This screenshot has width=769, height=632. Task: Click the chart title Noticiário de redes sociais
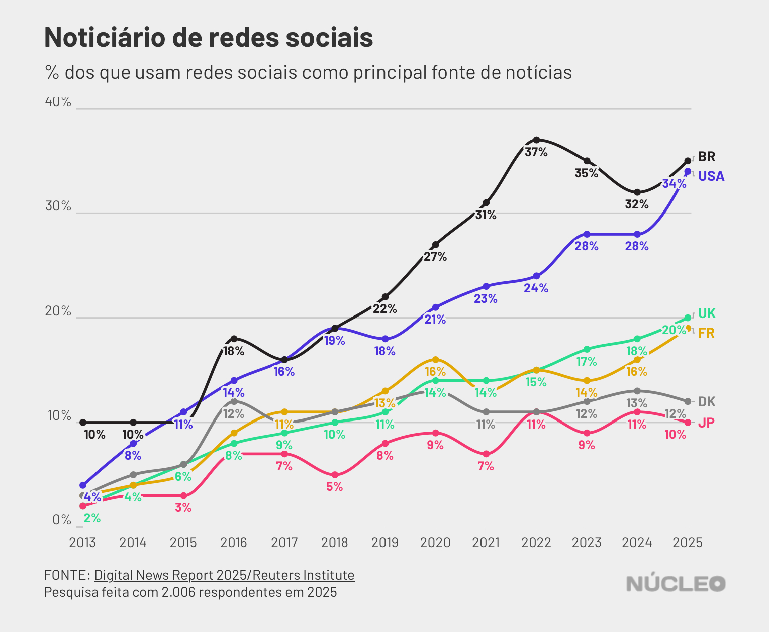point(209,37)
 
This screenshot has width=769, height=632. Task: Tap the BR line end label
point(706,157)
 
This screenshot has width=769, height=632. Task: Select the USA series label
point(711,176)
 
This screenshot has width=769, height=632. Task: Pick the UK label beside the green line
point(707,313)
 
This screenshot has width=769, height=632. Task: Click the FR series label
point(706,333)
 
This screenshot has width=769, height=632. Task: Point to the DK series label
point(707,402)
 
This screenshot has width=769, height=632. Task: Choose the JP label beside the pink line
point(706,423)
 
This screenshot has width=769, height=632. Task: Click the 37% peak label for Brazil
point(536,152)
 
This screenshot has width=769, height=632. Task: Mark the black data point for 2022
point(536,140)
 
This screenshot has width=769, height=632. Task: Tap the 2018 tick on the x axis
point(334,543)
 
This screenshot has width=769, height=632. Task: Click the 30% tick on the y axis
point(58,206)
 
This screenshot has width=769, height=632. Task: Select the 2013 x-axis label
point(82,543)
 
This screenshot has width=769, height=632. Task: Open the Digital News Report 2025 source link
point(224,575)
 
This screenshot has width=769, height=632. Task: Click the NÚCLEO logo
point(676,584)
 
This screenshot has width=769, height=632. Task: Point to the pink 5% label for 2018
point(334,487)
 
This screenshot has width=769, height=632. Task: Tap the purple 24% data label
point(536,288)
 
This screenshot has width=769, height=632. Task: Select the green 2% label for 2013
point(92,518)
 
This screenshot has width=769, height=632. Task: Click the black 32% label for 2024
point(637,204)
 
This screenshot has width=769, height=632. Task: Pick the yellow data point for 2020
point(435,360)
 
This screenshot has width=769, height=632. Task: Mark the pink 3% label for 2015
point(183,508)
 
